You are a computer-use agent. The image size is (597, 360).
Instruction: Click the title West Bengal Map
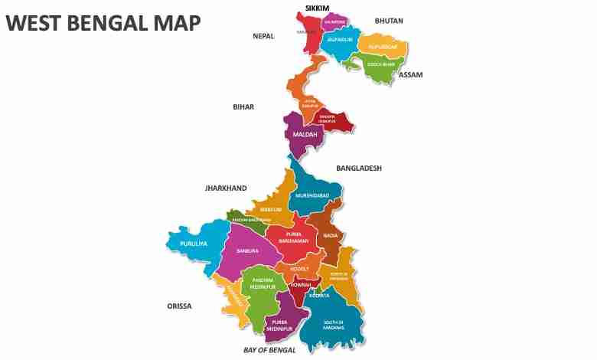point(103,23)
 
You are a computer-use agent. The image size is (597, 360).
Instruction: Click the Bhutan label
point(389,21)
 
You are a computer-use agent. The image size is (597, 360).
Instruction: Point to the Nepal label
point(263,36)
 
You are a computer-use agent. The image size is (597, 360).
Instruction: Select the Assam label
point(411,75)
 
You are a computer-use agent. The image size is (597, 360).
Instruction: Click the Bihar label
point(243,107)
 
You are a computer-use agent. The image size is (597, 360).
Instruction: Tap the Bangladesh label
point(359,168)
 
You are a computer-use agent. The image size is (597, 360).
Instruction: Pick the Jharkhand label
point(226,188)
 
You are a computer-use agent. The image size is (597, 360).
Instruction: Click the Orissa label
point(179,306)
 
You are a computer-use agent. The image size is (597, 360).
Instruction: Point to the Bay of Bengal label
point(269,350)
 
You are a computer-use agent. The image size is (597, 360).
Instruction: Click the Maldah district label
point(300,135)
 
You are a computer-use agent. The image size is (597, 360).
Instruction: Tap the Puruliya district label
point(194,244)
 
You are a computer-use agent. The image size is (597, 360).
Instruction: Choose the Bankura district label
point(248,250)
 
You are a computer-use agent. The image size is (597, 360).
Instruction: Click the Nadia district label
point(330,235)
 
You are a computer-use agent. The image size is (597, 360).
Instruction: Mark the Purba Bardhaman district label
point(292,237)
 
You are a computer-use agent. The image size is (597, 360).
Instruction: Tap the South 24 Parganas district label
point(333,325)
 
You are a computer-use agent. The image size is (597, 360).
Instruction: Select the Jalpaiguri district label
point(339,38)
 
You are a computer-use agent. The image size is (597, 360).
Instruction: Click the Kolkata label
point(318,295)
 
